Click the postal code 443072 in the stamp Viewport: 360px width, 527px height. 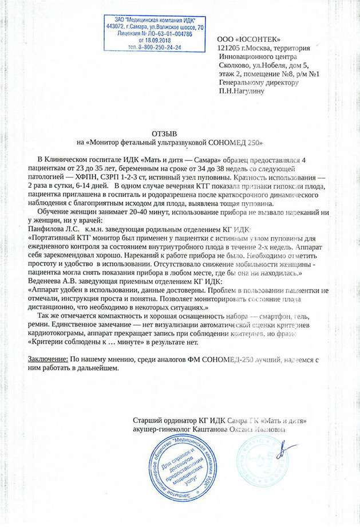[x=119, y=26]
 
